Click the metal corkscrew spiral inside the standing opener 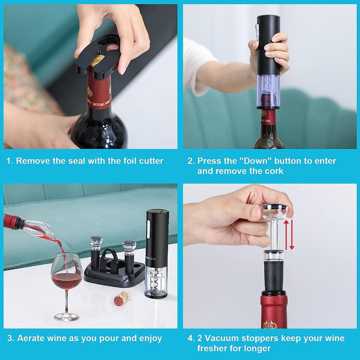click(156, 281)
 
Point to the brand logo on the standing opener click(150, 259)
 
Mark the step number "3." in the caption click(11, 339)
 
